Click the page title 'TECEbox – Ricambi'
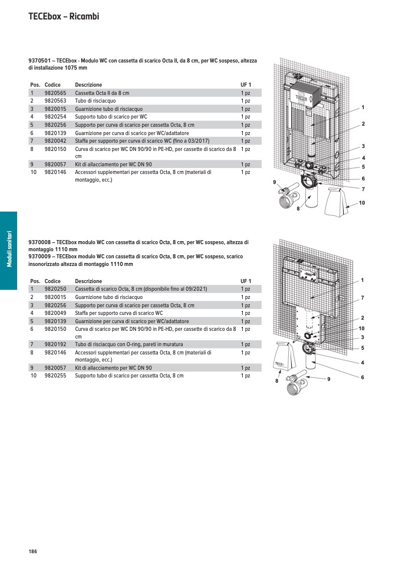64,17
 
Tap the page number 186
32,551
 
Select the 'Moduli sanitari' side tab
9,251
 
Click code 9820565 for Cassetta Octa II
55,93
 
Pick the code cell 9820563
55,101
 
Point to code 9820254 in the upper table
55,117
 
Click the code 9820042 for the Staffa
55,141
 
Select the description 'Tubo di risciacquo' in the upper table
95,101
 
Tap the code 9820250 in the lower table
55,289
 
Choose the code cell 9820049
55,313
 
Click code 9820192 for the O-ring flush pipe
55,344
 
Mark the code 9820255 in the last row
55,375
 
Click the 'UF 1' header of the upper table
246,85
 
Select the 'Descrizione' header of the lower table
88,281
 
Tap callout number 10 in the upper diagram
362,203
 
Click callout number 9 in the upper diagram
274,182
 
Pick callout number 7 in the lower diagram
362,298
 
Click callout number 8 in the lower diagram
276,382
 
